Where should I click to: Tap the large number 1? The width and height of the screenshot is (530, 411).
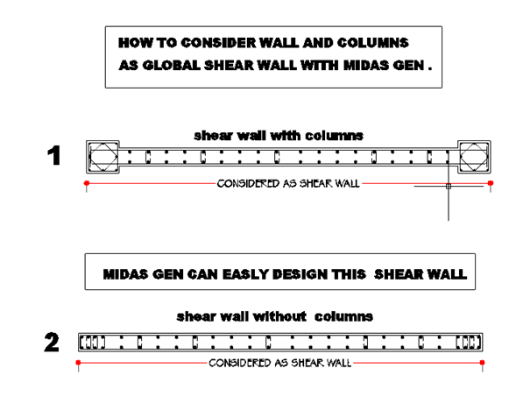pos(54,155)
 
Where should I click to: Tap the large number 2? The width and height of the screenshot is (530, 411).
pos(52,343)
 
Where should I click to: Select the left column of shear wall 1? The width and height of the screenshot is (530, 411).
pos(102,157)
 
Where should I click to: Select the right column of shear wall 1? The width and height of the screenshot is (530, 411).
pos(474,157)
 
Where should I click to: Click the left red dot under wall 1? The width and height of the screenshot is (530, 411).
pos(87,183)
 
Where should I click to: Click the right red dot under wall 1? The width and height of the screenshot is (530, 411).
pos(491,183)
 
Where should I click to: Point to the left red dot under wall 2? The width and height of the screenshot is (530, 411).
pos(79,363)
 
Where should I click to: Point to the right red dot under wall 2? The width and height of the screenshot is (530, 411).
pos(483,363)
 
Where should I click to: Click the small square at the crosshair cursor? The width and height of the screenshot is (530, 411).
pos(449,187)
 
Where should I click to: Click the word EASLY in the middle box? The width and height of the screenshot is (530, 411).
pos(246,274)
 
